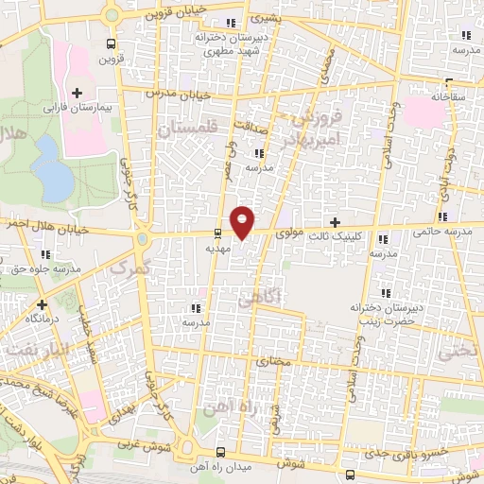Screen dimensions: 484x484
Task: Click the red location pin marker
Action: coord(243,221)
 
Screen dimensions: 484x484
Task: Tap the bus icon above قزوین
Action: coord(112,43)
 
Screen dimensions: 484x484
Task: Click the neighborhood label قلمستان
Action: coord(195,130)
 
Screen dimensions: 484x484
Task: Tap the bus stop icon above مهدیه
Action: coord(218,233)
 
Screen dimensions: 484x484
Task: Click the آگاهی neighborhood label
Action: coord(257,300)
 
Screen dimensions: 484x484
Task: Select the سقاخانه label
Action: coord(450,95)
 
